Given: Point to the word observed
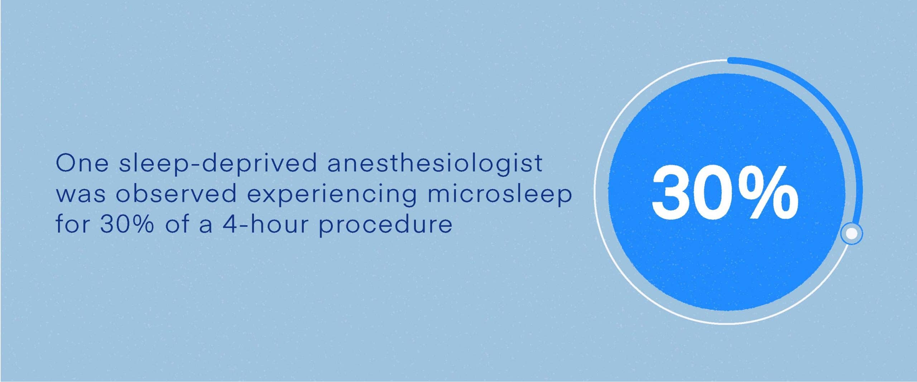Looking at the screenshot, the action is pyautogui.click(x=176, y=194).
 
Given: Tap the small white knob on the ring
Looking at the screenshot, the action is pyautogui.click(x=851, y=234).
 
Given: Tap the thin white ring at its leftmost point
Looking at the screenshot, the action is pyautogui.click(x=595, y=192).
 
